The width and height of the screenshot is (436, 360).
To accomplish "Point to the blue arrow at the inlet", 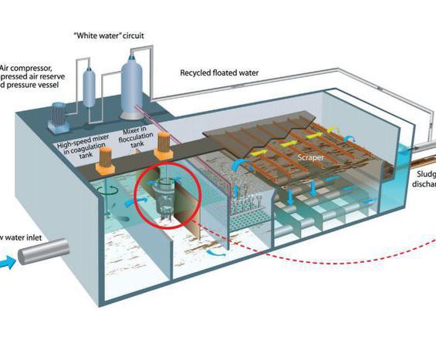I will click(x=8, y=263).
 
